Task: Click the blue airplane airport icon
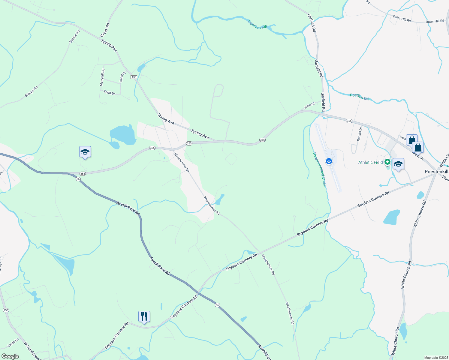click(x=329, y=161)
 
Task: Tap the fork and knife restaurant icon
click(x=144, y=316)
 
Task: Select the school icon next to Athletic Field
click(x=398, y=164)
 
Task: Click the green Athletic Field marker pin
click(x=387, y=162)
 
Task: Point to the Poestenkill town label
click(x=436, y=172)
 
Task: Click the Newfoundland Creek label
click(x=319, y=169)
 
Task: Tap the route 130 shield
click(x=134, y=77)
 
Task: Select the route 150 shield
click(x=6, y=310)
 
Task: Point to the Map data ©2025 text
click(x=435, y=358)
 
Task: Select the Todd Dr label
click(x=109, y=93)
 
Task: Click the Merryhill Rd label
click(x=102, y=77)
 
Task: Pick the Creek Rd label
click(x=105, y=30)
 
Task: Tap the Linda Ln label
click(x=13, y=343)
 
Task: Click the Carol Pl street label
click(x=122, y=77)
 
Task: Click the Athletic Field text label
click(x=370, y=162)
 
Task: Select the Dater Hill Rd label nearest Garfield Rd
click(x=402, y=19)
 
